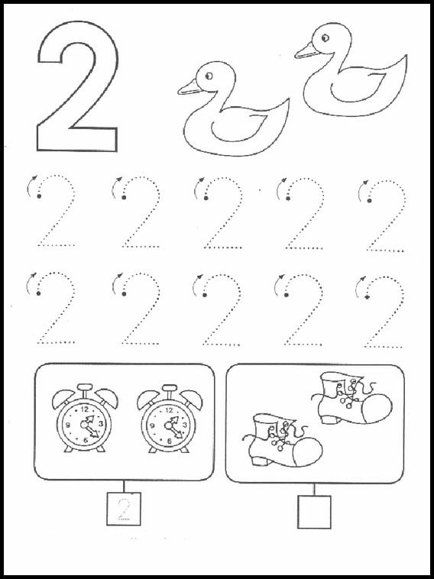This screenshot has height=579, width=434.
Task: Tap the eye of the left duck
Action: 209,76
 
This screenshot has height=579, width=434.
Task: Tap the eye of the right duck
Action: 325,37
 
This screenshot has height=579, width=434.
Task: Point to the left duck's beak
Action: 189,88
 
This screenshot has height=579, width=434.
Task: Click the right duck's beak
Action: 306,50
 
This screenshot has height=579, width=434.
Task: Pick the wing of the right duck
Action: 358,88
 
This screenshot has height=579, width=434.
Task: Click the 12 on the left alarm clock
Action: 85,409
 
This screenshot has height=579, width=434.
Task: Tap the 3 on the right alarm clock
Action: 185,424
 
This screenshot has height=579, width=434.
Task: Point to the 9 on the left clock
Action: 68,425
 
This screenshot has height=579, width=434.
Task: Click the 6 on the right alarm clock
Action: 169,441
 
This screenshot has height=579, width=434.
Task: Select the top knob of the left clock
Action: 85,388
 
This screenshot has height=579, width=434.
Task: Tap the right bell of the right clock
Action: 192,398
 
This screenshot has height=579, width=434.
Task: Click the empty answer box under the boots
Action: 314,512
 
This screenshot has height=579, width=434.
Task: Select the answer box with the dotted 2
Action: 124,509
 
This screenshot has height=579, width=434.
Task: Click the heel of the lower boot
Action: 260,460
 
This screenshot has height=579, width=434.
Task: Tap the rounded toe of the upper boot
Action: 377,408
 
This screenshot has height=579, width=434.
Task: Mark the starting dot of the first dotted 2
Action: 39,196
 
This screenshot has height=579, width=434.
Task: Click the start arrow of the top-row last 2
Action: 362,189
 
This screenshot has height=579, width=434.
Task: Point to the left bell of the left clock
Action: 62,398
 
